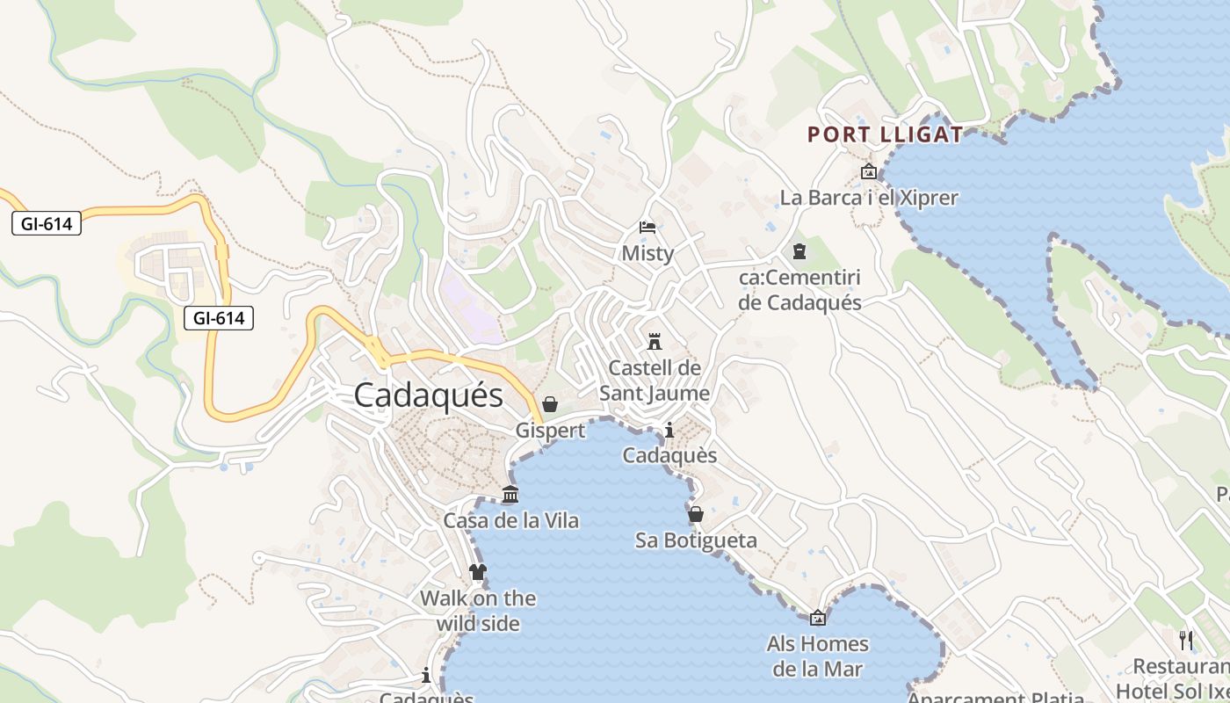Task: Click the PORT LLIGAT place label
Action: point(885,134)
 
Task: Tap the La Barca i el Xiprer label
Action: point(869,198)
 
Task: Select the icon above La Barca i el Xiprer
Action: point(869,171)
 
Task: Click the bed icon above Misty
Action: point(648,228)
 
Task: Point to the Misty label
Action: point(648,254)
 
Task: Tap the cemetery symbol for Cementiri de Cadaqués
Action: point(799,252)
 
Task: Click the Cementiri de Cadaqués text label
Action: point(799,291)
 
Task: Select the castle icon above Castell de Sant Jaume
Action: point(654,341)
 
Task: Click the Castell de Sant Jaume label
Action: point(655,380)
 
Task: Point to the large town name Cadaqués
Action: point(429,395)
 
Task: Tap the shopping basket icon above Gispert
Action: point(550,404)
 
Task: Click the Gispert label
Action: point(550,431)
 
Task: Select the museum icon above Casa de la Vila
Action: point(510,495)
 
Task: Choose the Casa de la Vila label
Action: point(510,521)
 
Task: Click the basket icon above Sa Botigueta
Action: point(696,514)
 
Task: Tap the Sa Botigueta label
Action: point(696,540)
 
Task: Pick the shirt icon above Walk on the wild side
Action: point(477,573)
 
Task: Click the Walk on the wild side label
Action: point(478,611)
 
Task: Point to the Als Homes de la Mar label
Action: point(818,656)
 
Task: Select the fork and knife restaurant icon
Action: point(1186,640)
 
